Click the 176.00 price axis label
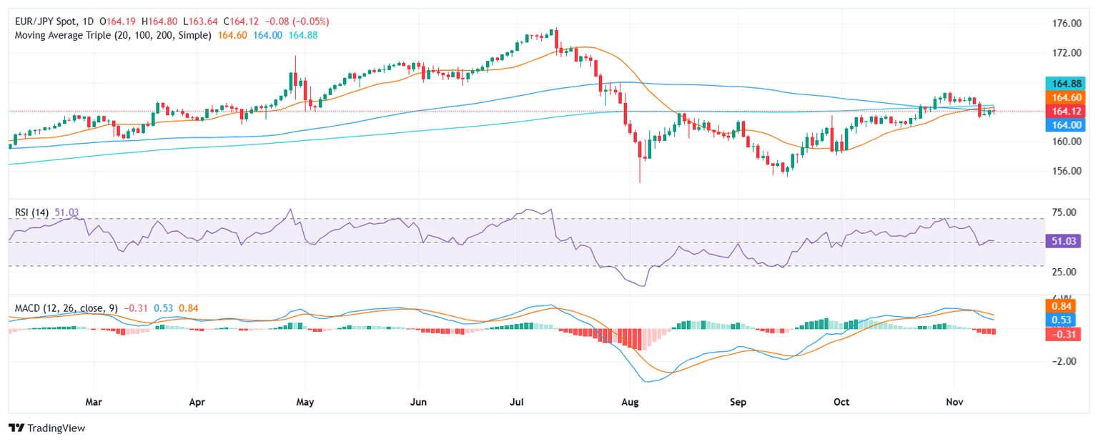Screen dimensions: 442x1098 pyautogui.click(x=1065, y=24)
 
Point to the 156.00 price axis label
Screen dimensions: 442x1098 pyautogui.click(x=1065, y=171)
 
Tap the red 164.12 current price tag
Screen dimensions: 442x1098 pyautogui.click(x=1064, y=111)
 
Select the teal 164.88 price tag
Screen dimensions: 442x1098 pyautogui.click(x=1064, y=82)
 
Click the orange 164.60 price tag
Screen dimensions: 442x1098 pyautogui.click(x=1064, y=97)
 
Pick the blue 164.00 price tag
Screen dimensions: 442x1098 pyautogui.click(x=1064, y=124)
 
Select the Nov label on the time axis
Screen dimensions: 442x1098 pyautogui.click(x=954, y=402)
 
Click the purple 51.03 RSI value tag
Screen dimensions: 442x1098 pyautogui.click(x=1064, y=241)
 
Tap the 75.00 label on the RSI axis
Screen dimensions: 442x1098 pyautogui.click(x=1065, y=212)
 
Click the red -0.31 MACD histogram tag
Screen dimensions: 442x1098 pyautogui.click(x=1064, y=335)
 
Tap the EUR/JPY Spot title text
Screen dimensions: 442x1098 pyautogui.click(x=47, y=21)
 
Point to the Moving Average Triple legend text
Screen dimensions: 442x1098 pyautogui.click(x=113, y=35)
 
